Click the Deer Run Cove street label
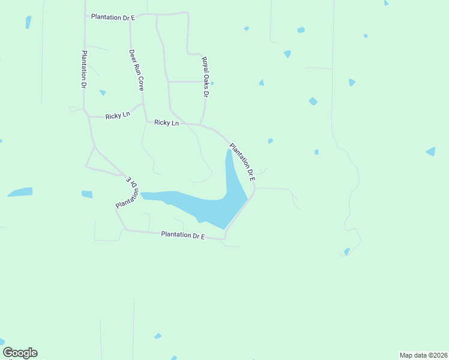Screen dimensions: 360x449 pos(136,70)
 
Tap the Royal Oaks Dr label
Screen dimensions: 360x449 pos(205,77)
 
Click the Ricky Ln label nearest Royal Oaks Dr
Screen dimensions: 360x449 pos(166,122)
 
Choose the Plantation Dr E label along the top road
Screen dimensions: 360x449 pos(113,17)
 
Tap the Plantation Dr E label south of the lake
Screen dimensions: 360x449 pos(183,236)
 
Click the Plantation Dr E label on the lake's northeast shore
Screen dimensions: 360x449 pos(243,163)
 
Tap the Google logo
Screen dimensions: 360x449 pos(20,353)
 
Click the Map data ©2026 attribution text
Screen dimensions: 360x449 pos(423,355)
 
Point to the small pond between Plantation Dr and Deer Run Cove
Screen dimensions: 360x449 pos(103,93)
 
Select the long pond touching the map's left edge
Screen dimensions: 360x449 pos(20,192)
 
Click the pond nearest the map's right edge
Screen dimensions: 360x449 pos(430,151)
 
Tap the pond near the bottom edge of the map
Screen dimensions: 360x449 pos(158,336)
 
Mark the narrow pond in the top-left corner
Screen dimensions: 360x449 pos(28,22)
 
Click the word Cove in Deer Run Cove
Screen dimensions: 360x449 pos(140,82)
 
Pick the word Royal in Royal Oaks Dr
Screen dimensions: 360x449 pos(203,63)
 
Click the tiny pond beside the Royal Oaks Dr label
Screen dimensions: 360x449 pos(212,83)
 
